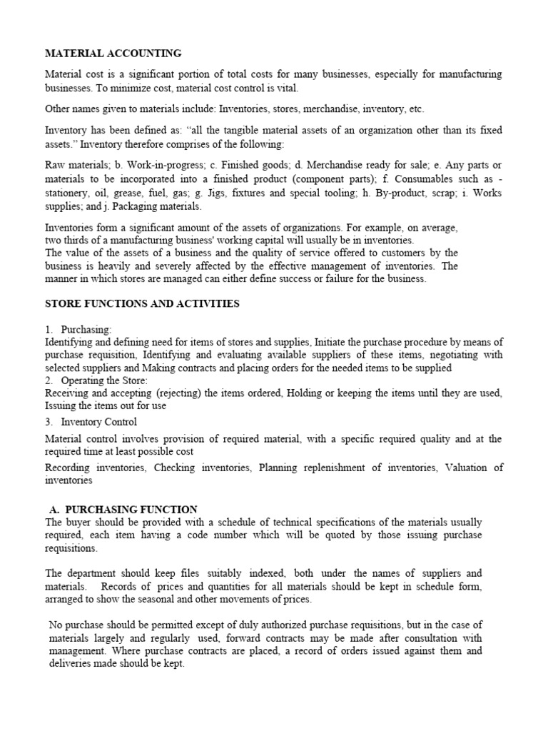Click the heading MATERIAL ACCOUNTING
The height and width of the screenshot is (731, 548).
point(113,53)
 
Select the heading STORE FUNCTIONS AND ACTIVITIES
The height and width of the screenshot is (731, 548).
point(142,303)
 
